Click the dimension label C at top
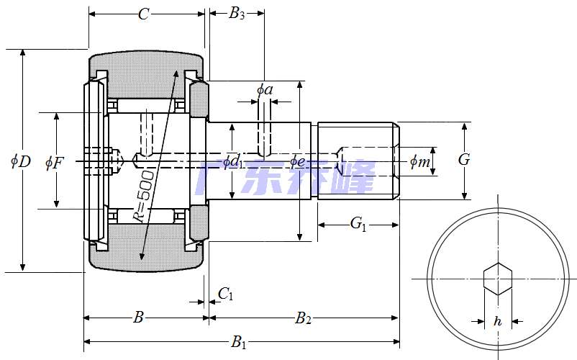pyautogui.click(x=144, y=14)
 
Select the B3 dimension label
pyautogui.click(x=237, y=14)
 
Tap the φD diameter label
pyautogui.click(x=20, y=161)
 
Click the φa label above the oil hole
pyautogui.click(x=264, y=90)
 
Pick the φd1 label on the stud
pyautogui.click(x=232, y=162)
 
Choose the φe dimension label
pyautogui.click(x=297, y=161)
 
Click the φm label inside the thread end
pyautogui.click(x=419, y=162)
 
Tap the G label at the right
pyautogui.click(x=464, y=160)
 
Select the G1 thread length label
pyautogui.click(x=358, y=224)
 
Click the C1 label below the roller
pyautogui.click(x=225, y=293)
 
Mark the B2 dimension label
pyautogui.click(x=304, y=318)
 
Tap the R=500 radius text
pyautogui.click(x=143, y=196)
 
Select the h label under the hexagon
pyautogui.click(x=497, y=322)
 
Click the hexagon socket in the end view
pyautogui.click(x=497, y=279)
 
